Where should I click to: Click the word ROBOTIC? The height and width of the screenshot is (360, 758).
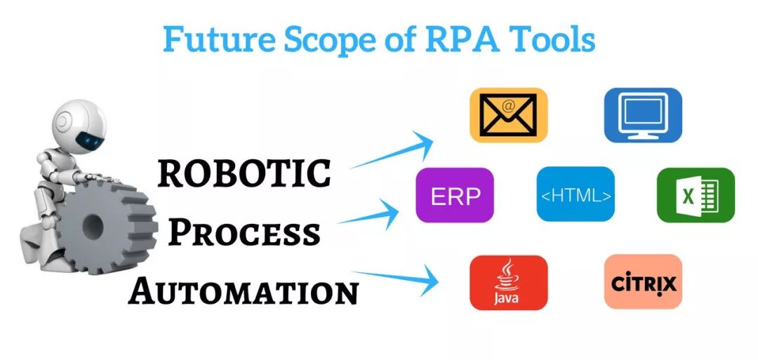click(244, 173)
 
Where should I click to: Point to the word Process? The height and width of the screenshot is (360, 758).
click(244, 232)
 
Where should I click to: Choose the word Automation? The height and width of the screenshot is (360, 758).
click(244, 290)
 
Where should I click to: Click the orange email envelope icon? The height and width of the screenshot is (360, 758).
click(508, 115)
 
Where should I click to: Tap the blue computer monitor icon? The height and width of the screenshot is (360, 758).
click(643, 115)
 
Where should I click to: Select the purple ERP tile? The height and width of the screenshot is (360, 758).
click(455, 195)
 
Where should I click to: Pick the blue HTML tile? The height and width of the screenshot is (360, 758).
click(575, 194)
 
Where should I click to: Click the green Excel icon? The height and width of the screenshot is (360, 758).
click(696, 194)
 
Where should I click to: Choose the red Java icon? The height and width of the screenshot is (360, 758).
click(508, 283)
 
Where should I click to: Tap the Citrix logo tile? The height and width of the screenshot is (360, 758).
click(643, 282)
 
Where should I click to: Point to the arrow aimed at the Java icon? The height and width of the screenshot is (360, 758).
click(394, 278)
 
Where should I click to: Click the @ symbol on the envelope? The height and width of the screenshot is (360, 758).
click(509, 105)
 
